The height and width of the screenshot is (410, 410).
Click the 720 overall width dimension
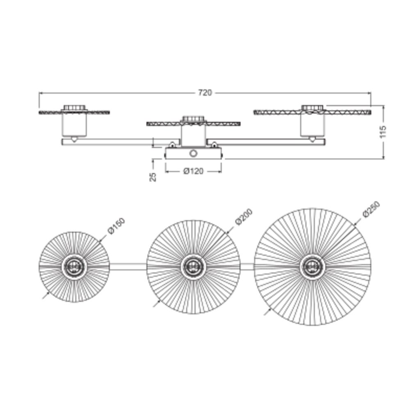click(x=205, y=93)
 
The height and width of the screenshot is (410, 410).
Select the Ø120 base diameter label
click(x=193, y=171)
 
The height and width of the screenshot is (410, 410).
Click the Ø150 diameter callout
click(x=116, y=226)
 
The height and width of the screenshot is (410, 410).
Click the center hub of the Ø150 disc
click(x=74, y=267)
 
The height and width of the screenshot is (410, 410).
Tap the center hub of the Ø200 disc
click(x=193, y=267)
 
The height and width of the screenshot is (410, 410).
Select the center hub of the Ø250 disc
click(x=312, y=267)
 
